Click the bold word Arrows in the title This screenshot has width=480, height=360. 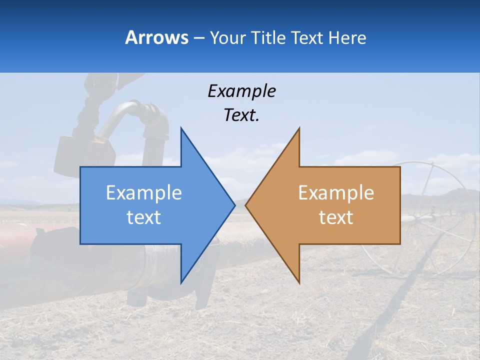point(156,37)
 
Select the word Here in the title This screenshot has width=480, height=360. point(347,37)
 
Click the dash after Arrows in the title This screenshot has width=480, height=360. point(198,38)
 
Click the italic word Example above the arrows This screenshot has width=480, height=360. point(241,91)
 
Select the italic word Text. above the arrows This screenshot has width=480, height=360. point(241,115)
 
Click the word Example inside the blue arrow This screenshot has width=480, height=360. point(144,192)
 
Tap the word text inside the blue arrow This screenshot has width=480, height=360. point(144,217)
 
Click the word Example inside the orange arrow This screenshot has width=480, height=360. point(336,192)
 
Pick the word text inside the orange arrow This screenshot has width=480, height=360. point(336,217)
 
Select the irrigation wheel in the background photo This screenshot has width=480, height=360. point(430,215)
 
